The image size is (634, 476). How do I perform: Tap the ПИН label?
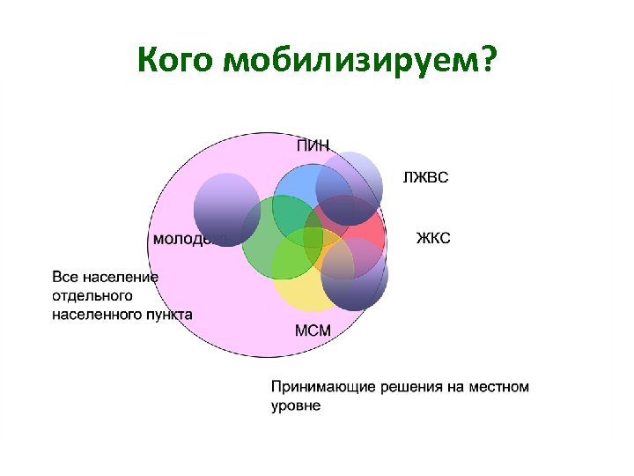(x=313, y=146)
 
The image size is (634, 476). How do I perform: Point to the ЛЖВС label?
(x=425, y=178)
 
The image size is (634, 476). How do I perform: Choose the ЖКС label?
(x=432, y=238)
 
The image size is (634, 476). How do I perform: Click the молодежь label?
(x=188, y=239)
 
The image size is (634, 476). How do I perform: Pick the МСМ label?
(x=313, y=331)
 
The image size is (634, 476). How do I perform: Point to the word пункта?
(x=169, y=314)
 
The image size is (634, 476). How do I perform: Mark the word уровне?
(x=296, y=406)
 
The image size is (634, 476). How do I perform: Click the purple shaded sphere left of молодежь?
(x=226, y=208)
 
